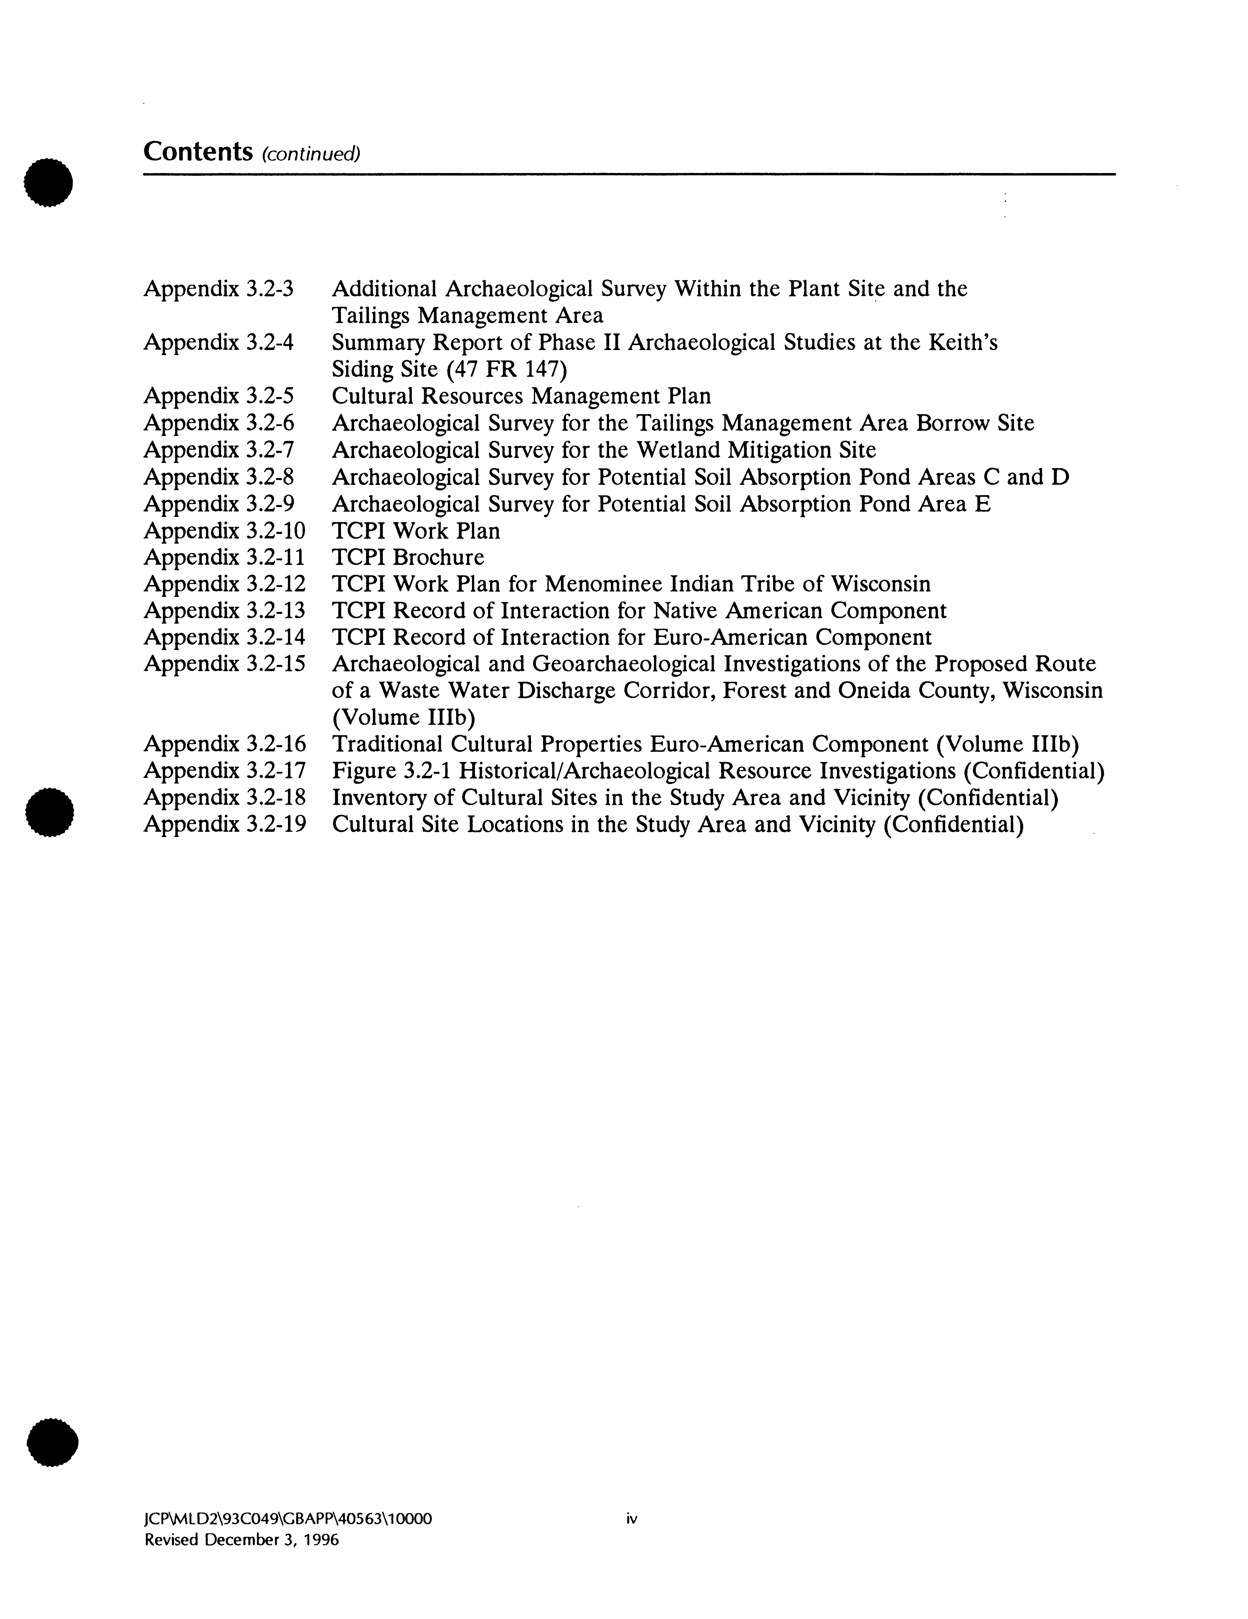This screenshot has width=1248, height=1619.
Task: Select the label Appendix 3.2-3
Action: coord(219,288)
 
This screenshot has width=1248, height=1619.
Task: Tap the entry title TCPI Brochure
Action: coord(408,557)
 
